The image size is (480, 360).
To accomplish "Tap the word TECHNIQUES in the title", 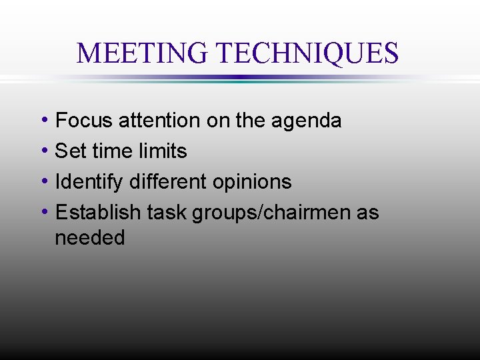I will (308, 53).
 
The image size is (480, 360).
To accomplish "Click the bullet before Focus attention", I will (43, 121).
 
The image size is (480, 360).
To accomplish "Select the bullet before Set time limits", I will (43, 151).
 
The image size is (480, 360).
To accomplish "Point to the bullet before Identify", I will (43, 182).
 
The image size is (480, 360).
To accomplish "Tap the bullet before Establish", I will (43, 213).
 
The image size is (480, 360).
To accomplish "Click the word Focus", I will (84, 121).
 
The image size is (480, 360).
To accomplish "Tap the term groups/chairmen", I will (272, 213).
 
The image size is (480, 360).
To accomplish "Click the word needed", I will (90, 238).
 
